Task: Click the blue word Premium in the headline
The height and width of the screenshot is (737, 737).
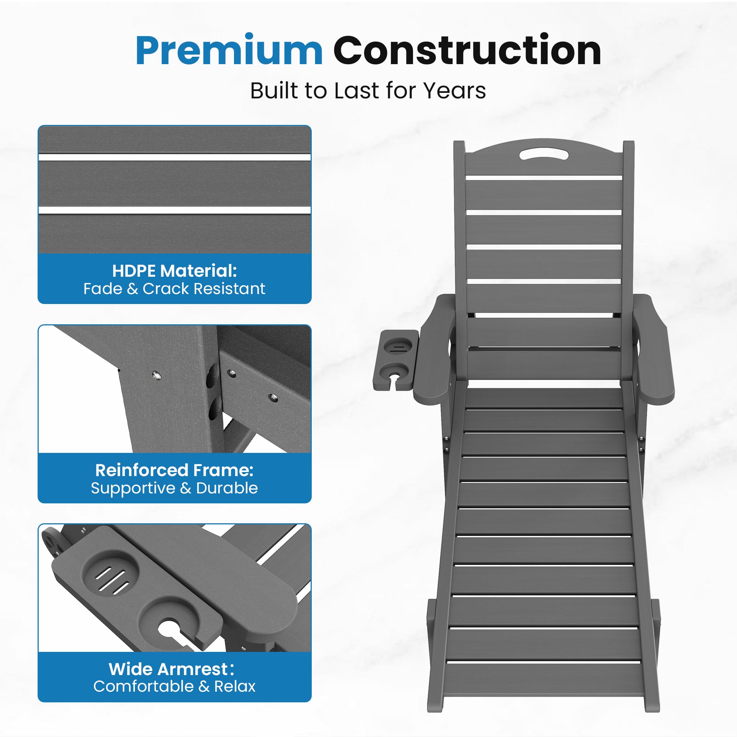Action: pos(229,50)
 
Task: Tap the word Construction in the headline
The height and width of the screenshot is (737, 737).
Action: pos(467,50)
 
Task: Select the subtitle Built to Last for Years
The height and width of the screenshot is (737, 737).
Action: pos(368,91)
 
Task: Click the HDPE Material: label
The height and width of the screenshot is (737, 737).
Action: pos(175,271)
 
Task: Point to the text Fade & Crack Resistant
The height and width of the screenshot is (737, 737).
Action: pos(174,289)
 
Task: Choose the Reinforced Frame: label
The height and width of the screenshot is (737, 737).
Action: pos(174,470)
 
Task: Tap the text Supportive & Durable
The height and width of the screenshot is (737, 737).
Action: pos(174,488)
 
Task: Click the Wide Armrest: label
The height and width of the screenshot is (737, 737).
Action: pos(171,669)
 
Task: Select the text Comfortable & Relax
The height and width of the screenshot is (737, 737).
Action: pos(174,686)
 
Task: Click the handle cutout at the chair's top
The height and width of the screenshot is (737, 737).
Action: pos(544,154)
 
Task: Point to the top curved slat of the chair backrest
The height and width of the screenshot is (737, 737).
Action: pos(544,160)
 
